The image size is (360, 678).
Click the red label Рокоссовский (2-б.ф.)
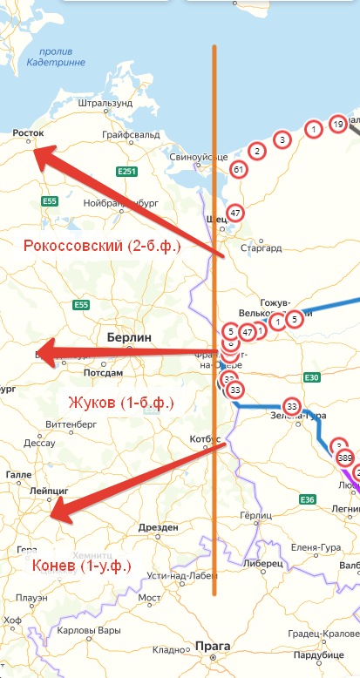(x=102, y=246)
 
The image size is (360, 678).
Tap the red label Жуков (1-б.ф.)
(x=120, y=403)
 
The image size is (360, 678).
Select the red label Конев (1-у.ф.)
(x=82, y=566)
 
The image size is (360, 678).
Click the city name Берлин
(x=129, y=337)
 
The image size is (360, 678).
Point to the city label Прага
(x=213, y=646)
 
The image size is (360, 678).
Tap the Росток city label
(x=27, y=133)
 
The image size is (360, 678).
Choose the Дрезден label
(x=159, y=527)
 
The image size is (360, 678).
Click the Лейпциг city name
(x=49, y=492)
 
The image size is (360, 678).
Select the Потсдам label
(x=103, y=372)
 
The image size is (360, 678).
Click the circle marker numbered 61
(x=237, y=169)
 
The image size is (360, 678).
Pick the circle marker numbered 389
(x=344, y=458)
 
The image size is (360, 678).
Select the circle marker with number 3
(x=282, y=139)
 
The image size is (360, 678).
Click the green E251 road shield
(x=127, y=172)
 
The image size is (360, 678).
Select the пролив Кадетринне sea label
(x=56, y=57)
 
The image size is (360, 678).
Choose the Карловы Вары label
(x=95, y=630)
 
